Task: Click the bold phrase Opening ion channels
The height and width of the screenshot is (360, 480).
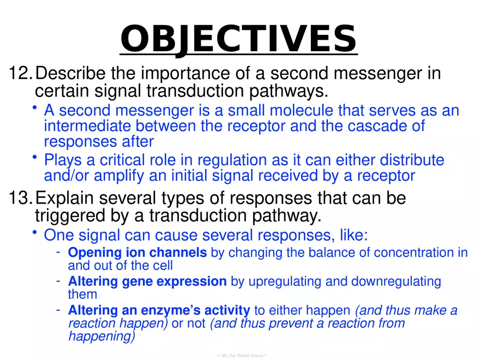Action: (x=137, y=253)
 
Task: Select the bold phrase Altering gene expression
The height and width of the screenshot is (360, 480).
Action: (x=147, y=281)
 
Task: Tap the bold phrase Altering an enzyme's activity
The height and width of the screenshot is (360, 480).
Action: (x=159, y=310)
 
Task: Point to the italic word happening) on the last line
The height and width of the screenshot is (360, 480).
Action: (x=101, y=337)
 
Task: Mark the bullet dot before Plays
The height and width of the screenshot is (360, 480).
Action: (x=35, y=158)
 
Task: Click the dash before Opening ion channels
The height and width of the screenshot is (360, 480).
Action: (x=57, y=252)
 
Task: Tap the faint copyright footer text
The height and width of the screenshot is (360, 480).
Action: (x=240, y=355)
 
